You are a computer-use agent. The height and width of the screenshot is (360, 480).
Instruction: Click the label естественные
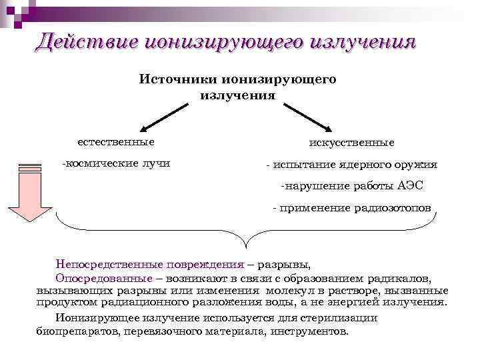click(115, 142)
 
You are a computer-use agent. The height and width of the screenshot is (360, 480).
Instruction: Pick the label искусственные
click(351, 143)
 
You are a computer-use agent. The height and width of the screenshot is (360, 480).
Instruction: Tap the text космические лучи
click(117, 163)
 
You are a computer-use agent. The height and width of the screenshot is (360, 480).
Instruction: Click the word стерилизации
click(338, 317)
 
